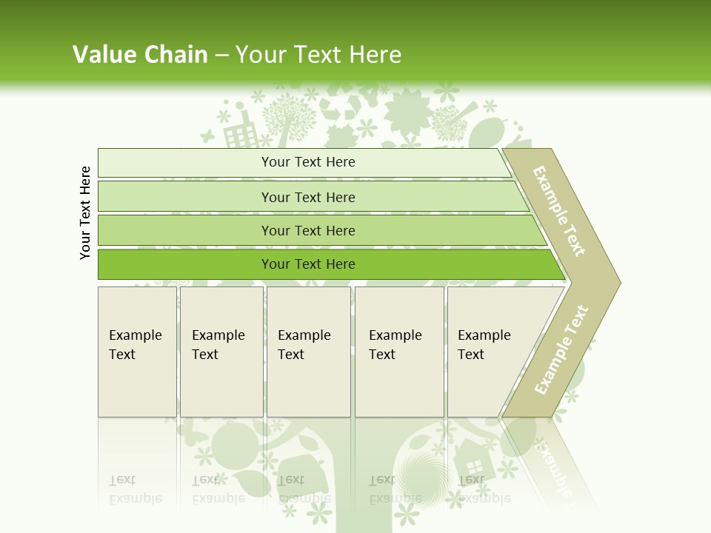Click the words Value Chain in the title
[x=140, y=55]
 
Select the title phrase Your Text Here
[x=318, y=55]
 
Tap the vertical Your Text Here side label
[x=86, y=212]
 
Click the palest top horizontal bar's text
[x=308, y=162]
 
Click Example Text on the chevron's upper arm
[x=559, y=212]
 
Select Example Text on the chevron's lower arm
[x=561, y=349]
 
